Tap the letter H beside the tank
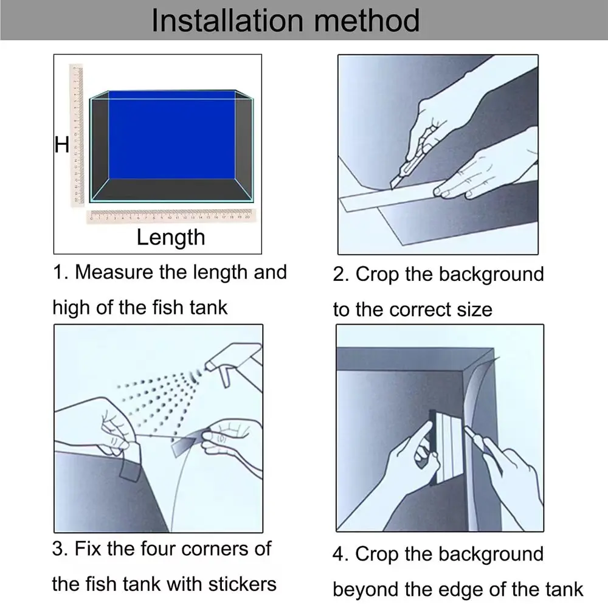[x=61, y=145]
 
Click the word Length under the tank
[x=170, y=237]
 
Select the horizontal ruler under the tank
[x=172, y=215]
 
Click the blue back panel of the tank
[x=172, y=134]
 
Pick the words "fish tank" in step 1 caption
[x=183, y=307]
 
